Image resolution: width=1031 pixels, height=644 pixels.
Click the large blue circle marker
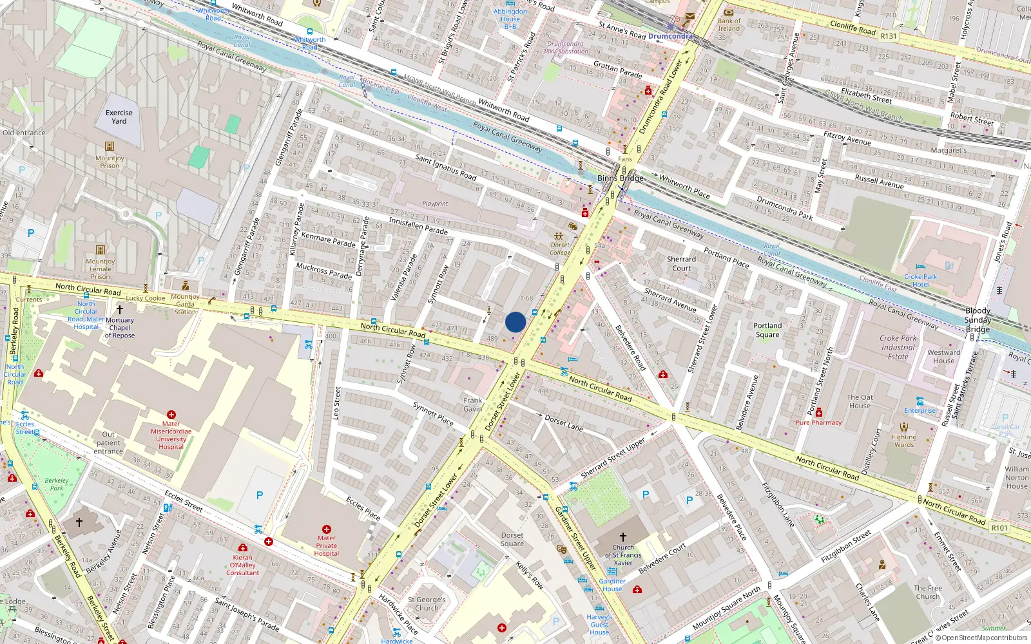(x=515, y=322)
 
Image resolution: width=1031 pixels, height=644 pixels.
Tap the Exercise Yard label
(x=119, y=117)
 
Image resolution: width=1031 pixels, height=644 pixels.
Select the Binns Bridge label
(x=620, y=178)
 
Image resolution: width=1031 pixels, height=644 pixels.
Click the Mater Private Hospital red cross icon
(x=327, y=529)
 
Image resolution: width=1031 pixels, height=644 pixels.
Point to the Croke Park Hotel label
(x=920, y=280)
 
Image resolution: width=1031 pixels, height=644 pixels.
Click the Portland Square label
(x=767, y=330)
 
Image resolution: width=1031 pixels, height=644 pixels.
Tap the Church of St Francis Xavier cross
(x=623, y=536)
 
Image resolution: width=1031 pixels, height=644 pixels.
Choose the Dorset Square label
(x=512, y=539)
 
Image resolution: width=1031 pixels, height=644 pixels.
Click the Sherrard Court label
(x=681, y=263)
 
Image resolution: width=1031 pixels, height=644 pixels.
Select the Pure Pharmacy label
(x=818, y=422)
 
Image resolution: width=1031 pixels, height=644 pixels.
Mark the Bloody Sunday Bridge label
(x=978, y=319)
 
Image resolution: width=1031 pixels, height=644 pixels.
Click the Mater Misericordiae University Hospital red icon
(x=171, y=415)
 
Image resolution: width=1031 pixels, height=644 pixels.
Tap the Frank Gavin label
(x=472, y=404)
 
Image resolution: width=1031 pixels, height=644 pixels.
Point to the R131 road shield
(x=889, y=36)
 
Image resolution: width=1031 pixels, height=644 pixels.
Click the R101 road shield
(x=999, y=528)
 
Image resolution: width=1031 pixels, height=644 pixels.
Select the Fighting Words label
(x=904, y=440)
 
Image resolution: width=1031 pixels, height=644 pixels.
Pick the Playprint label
(x=435, y=204)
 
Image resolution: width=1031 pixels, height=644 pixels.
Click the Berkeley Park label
(x=57, y=484)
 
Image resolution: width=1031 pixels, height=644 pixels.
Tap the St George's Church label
(x=427, y=603)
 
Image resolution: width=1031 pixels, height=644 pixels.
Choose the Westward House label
(x=943, y=356)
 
